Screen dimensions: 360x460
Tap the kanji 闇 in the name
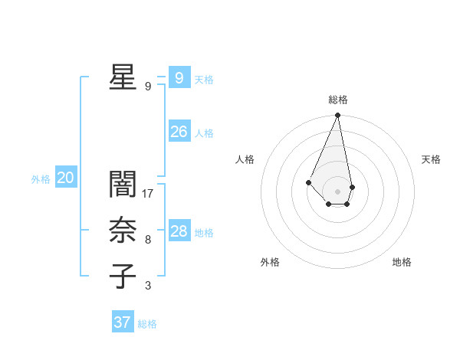pyautogui.click(x=122, y=184)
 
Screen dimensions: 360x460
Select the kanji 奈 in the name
pyautogui.click(x=122, y=231)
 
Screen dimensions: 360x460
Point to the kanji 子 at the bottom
pyautogui.click(x=122, y=277)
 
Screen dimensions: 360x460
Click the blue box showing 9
pyautogui.click(x=179, y=78)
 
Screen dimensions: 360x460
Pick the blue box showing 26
pyautogui.click(x=179, y=132)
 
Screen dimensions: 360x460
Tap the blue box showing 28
pyautogui.click(x=179, y=231)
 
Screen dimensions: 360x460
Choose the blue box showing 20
pyautogui.click(x=65, y=178)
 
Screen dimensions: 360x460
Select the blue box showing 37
pyautogui.click(x=122, y=322)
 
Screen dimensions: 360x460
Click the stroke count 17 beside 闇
pyautogui.click(x=149, y=193)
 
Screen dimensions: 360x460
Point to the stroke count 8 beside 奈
pyautogui.click(x=148, y=240)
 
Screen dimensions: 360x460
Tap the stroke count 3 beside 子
pyautogui.click(x=148, y=286)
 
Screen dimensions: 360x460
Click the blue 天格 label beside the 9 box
pyautogui.click(x=204, y=80)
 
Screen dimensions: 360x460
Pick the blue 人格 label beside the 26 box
pyautogui.click(x=204, y=133)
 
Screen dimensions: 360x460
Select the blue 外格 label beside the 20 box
pyautogui.click(x=41, y=180)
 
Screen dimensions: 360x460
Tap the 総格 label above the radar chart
pyautogui.click(x=338, y=100)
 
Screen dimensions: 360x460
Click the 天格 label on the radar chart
pyautogui.click(x=432, y=159)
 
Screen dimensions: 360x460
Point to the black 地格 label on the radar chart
pyautogui.click(x=402, y=262)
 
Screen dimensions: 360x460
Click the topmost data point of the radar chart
pyautogui.click(x=338, y=116)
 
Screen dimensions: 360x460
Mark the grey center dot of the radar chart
pyautogui.click(x=338, y=191)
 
